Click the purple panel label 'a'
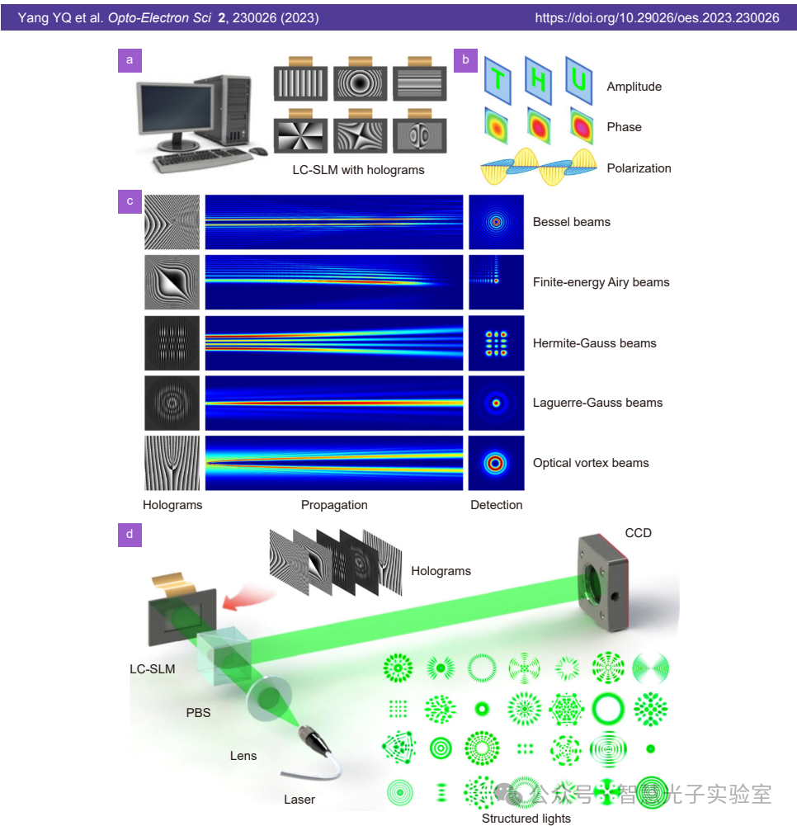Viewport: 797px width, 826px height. tap(130, 59)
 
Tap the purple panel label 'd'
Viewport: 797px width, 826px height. tap(130, 535)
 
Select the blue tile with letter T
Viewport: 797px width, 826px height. tap(498, 81)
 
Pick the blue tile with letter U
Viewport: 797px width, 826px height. tap(579, 81)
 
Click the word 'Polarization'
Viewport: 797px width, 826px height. tap(639, 168)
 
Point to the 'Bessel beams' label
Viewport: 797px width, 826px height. tap(571, 222)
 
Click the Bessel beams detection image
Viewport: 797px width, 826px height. tap(496, 222)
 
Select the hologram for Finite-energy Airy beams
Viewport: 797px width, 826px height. tap(172, 282)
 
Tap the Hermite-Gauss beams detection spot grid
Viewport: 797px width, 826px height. tap(496, 342)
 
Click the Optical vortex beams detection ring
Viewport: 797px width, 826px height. tap(496, 463)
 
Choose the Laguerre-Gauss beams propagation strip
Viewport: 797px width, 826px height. tap(334, 403)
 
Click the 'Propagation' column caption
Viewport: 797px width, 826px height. tap(334, 505)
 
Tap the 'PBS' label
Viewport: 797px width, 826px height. tap(198, 712)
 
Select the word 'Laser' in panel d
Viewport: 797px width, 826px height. tap(299, 800)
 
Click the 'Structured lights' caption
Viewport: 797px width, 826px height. tap(526, 819)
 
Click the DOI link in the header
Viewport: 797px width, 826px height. tap(657, 17)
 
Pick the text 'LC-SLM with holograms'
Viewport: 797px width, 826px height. tap(358, 170)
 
